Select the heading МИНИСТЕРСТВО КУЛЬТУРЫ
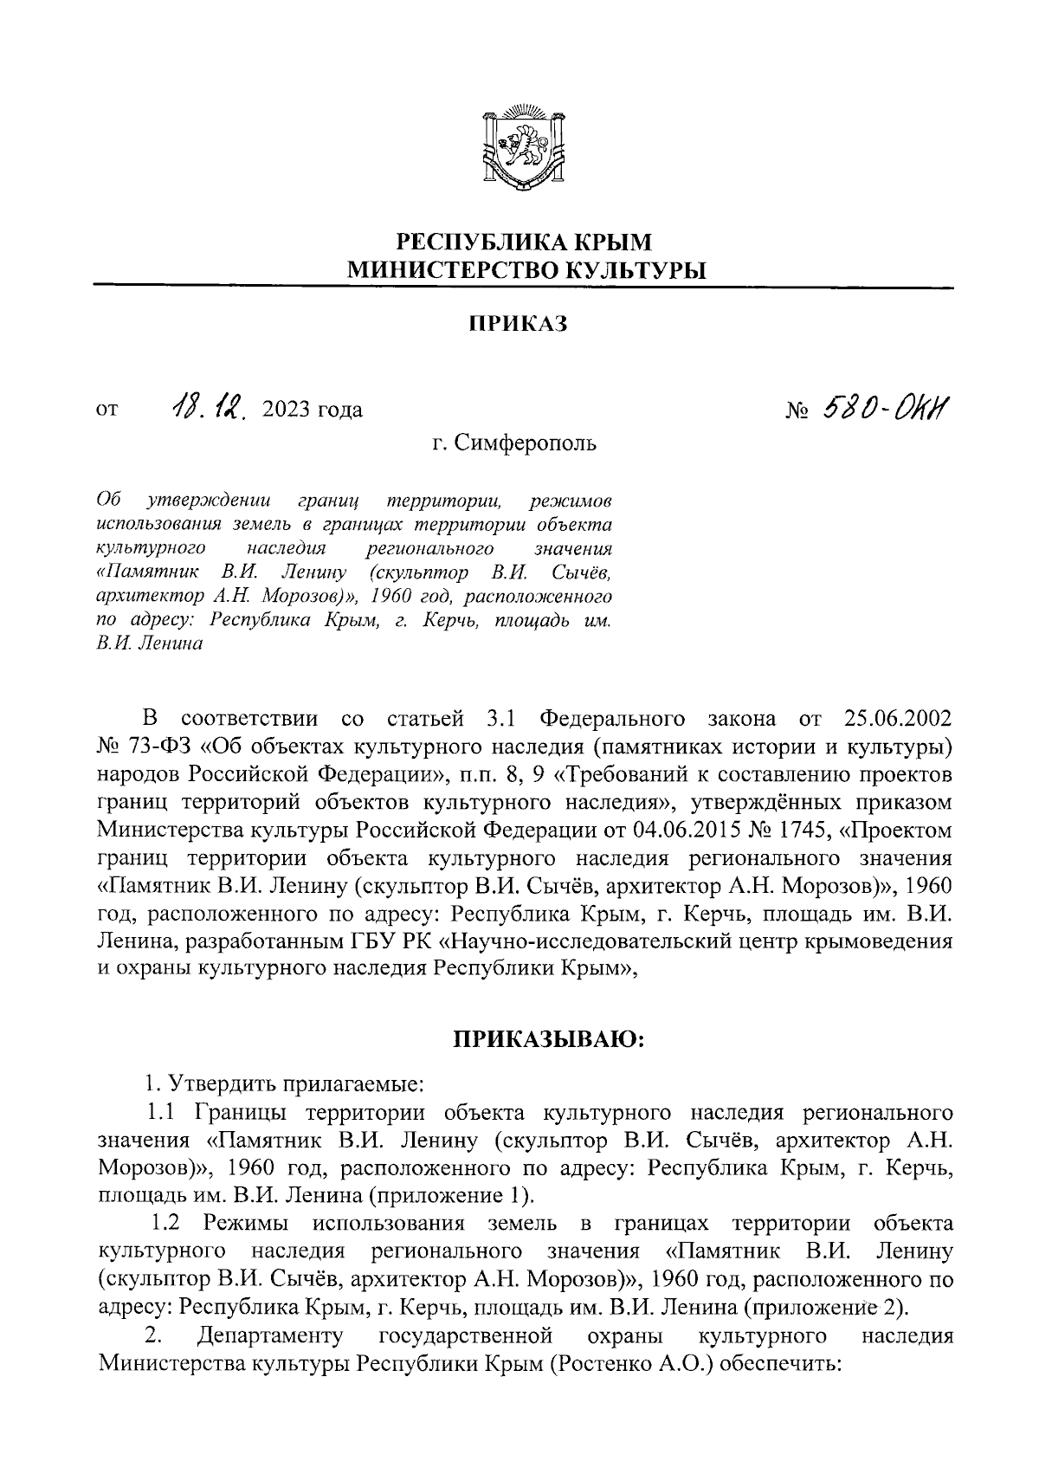click(526, 270)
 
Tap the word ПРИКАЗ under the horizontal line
click(518, 325)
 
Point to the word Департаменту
click(270, 1335)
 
